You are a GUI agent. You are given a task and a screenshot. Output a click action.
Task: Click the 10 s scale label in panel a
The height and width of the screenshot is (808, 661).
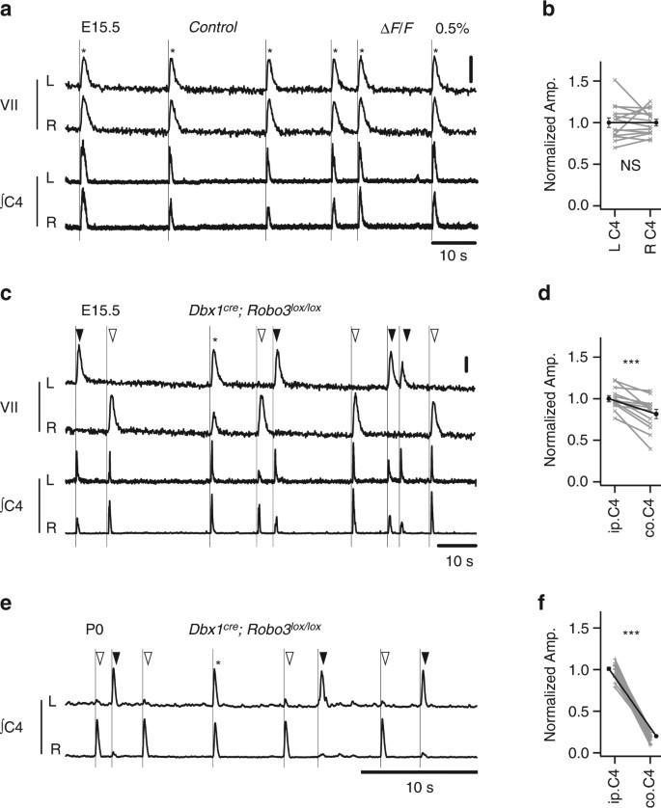(454, 251)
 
